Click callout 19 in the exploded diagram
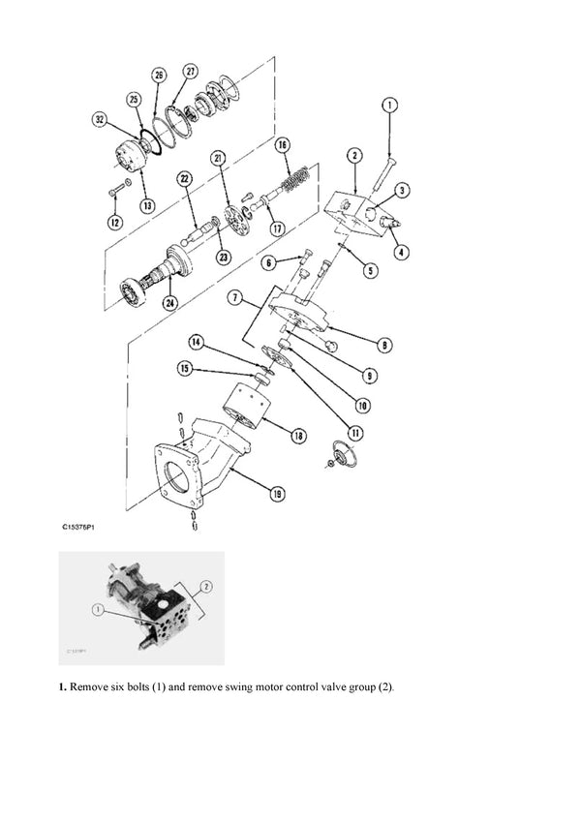(277, 495)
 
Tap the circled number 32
(100, 120)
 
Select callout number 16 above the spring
(282, 145)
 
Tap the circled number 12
(114, 224)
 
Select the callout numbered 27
(191, 72)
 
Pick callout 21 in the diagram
(218, 158)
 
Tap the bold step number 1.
(62, 688)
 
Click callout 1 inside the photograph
(98, 610)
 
